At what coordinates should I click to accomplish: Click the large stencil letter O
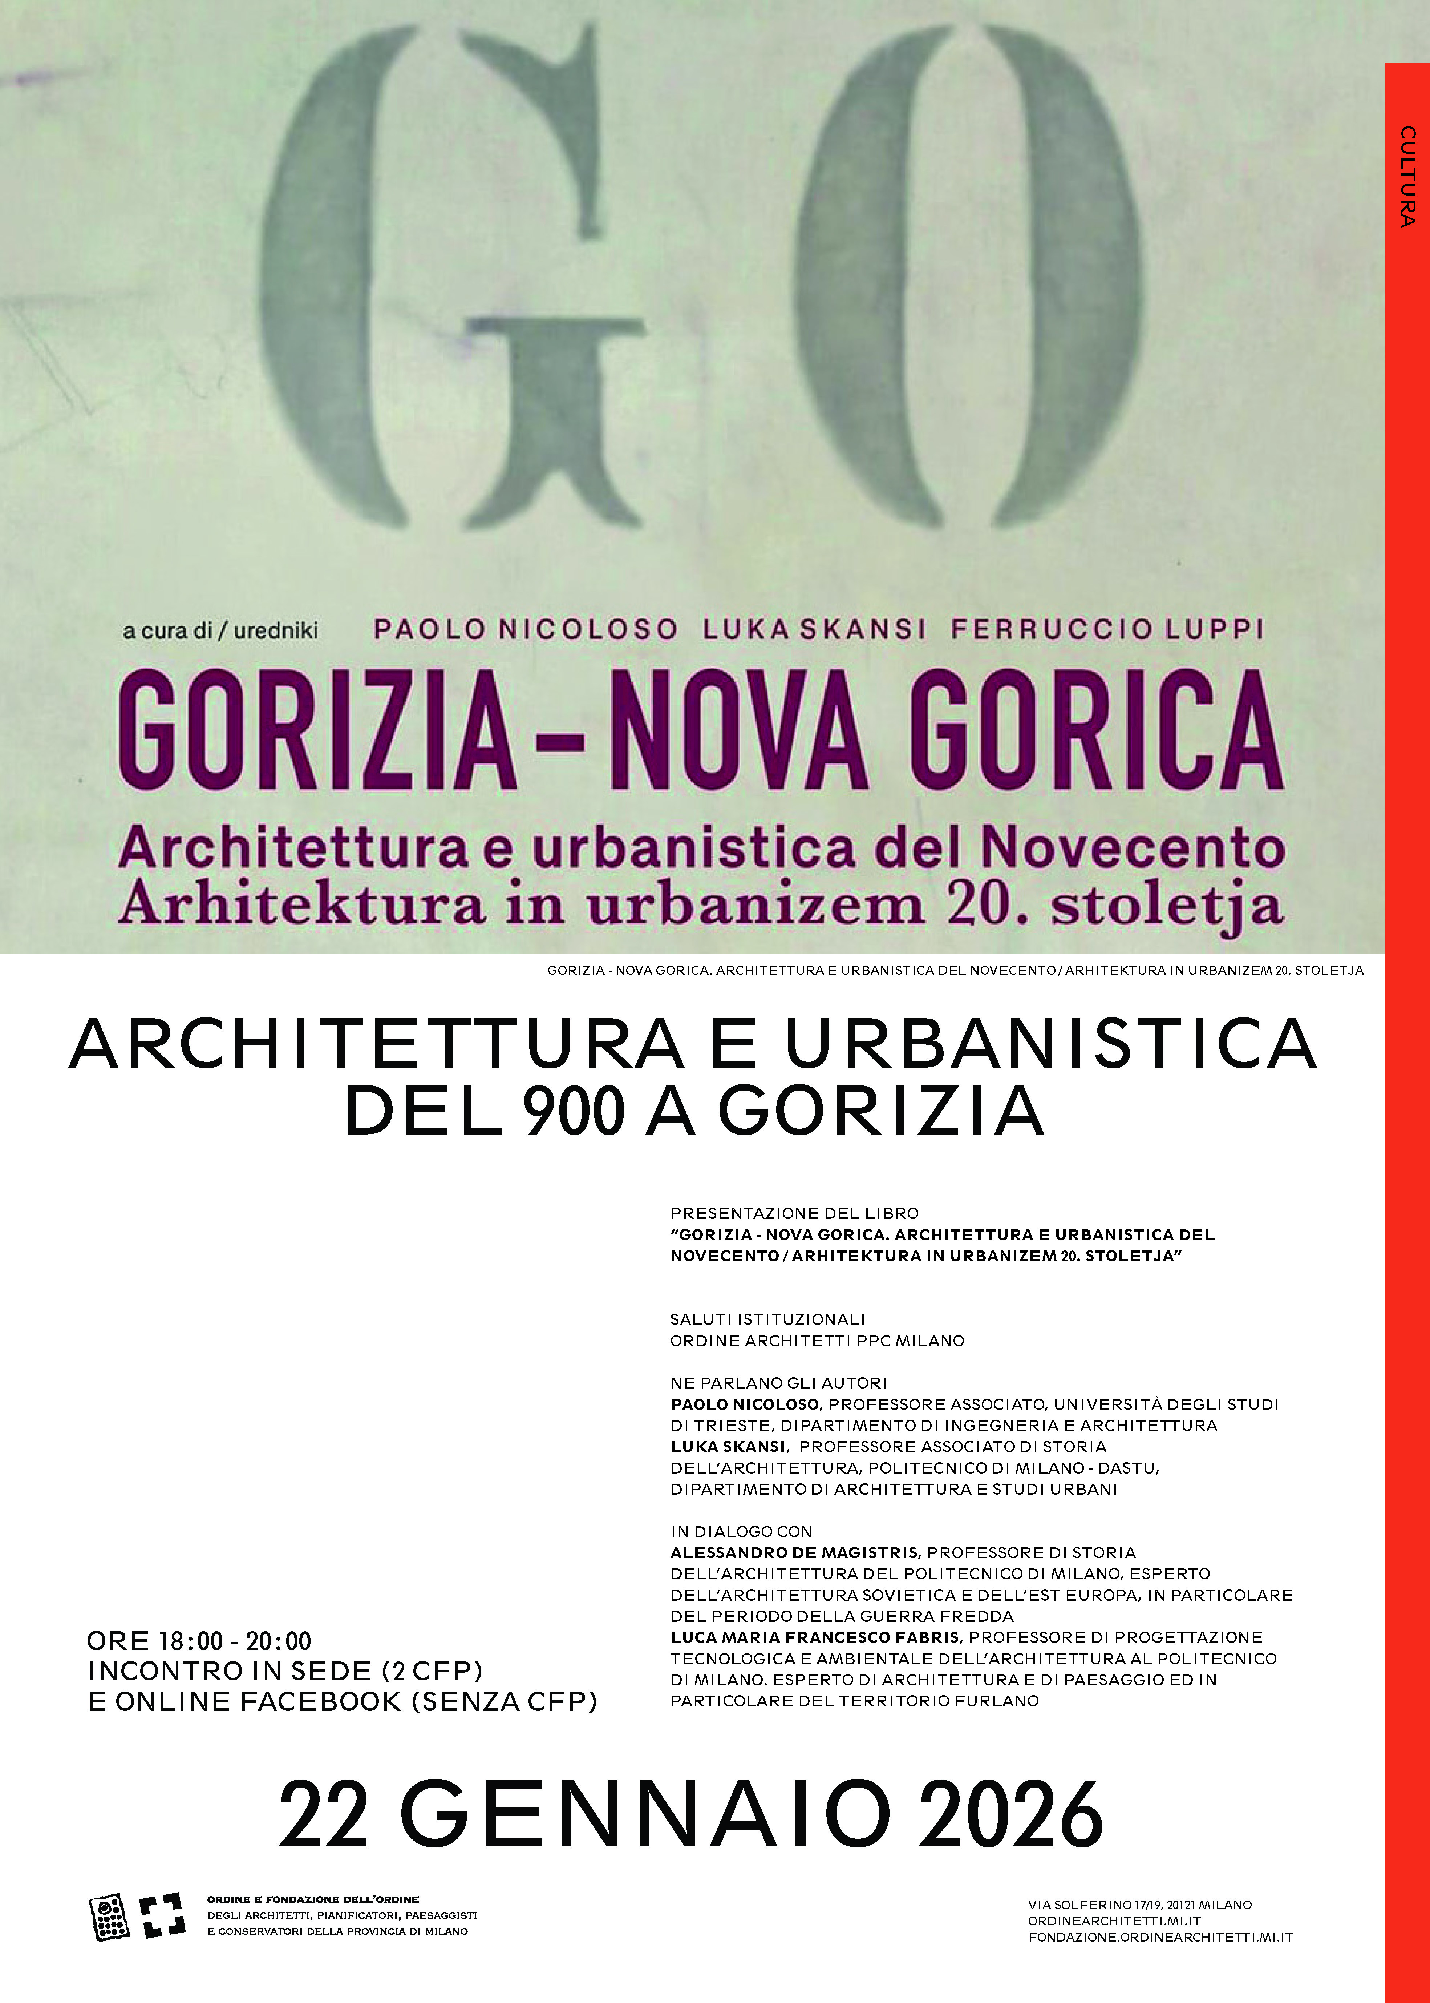(x=969, y=282)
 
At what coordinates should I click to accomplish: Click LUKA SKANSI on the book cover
(x=814, y=629)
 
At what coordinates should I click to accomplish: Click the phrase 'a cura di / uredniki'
(x=220, y=631)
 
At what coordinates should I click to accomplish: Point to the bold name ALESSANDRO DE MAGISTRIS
(x=794, y=1552)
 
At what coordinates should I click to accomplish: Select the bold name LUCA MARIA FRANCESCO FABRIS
(x=815, y=1637)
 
